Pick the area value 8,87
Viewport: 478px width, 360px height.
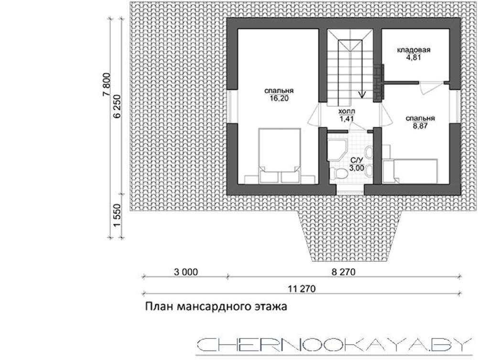pyautogui.click(x=420, y=126)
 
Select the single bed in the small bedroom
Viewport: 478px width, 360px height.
pyautogui.click(x=410, y=171)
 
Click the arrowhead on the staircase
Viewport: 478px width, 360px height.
pyautogui.click(x=362, y=95)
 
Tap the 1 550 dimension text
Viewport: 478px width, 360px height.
pyautogui.click(x=118, y=216)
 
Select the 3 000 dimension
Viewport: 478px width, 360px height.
pyautogui.click(x=185, y=272)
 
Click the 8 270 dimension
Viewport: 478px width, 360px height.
pyautogui.click(x=344, y=272)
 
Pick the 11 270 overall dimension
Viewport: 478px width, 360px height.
pyautogui.click(x=302, y=288)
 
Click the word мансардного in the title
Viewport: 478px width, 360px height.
pyautogui.click(x=214, y=306)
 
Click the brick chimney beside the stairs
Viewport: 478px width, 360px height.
pyautogui.click(x=379, y=82)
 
